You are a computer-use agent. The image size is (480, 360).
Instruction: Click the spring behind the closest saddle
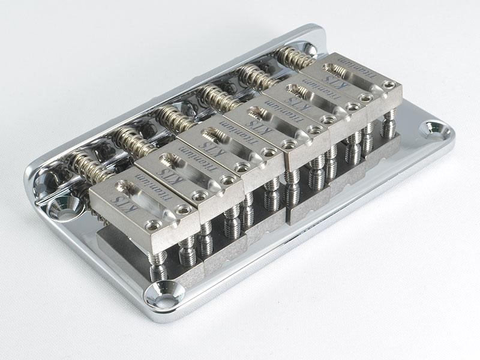click(88, 167)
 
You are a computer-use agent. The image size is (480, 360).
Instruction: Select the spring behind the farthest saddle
click(295, 59)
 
